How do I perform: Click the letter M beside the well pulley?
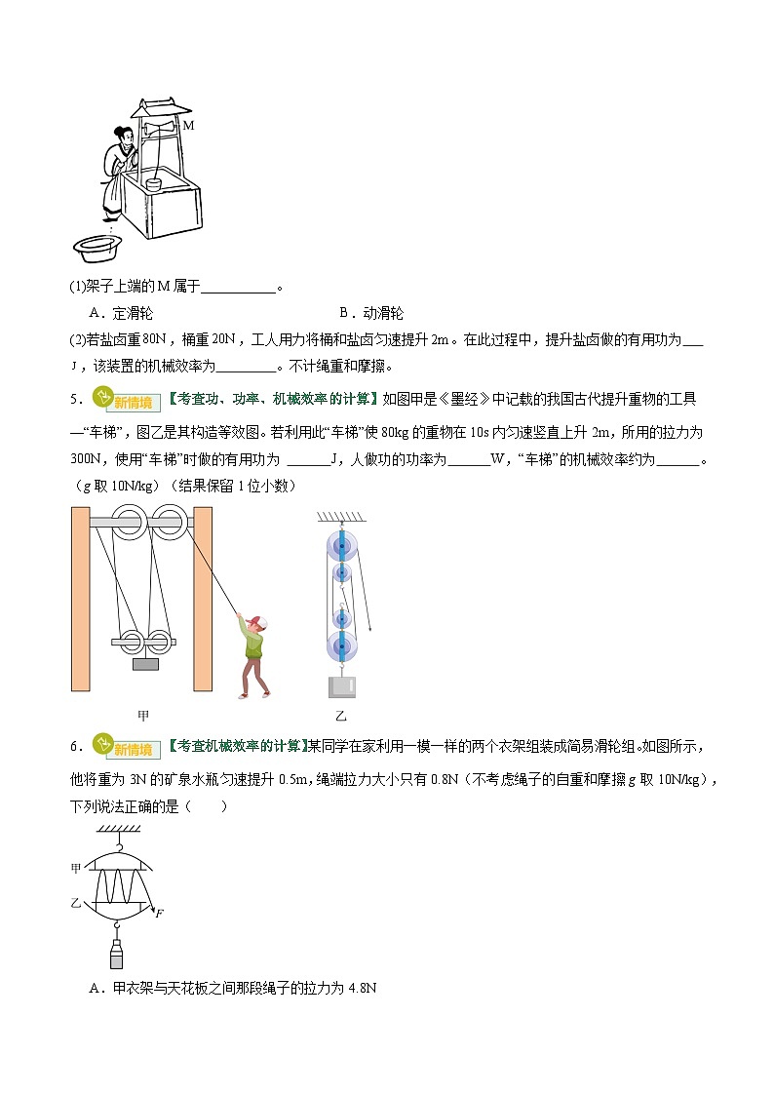[x=189, y=126]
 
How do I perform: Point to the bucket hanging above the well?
[x=153, y=184]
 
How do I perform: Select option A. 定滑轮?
[x=121, y=314]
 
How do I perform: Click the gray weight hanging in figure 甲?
[x=145, y=665]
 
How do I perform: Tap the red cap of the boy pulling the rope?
[x=256, y=621]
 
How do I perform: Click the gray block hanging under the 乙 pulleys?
[x=342, y=686]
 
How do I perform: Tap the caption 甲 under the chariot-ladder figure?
[x=143, y=716]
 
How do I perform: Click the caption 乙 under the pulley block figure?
[x=341, y=716]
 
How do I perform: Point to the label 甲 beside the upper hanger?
[x=76, y=867]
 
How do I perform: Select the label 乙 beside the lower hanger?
[x=76, y=904]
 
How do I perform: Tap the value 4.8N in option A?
[x=362, y=988]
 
